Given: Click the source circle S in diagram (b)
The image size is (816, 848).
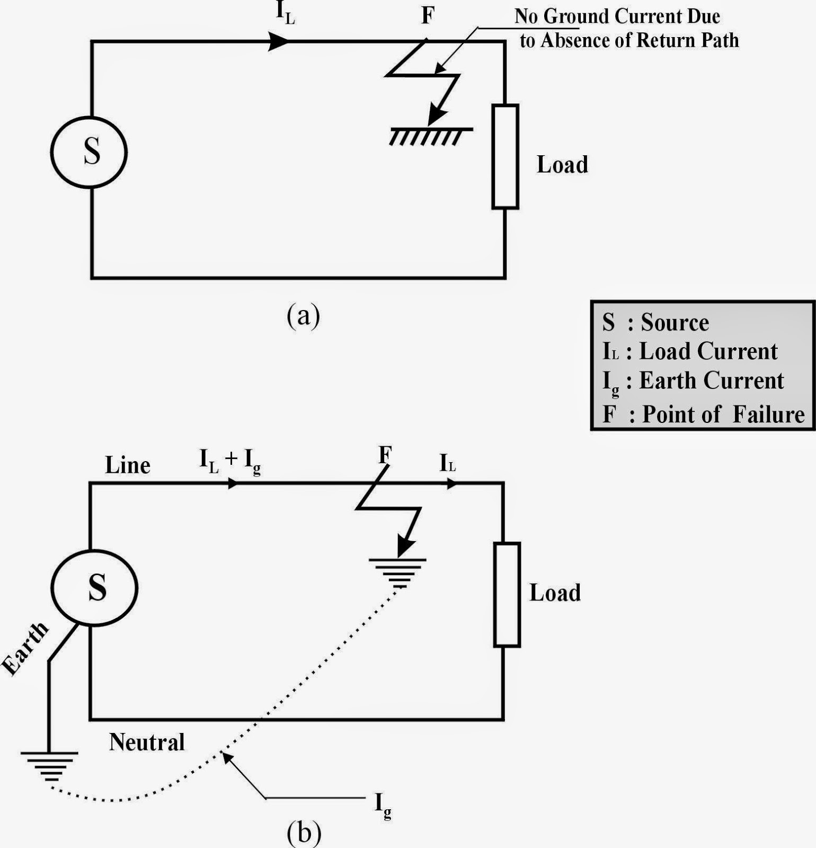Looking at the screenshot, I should click(x=95, y=588).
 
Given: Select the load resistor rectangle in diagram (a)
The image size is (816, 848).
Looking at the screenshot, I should click(x=505, y=156).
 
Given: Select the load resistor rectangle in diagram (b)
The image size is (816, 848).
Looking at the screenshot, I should click(x=507, y=595).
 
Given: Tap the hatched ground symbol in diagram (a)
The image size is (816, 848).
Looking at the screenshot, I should click(x=430, y=135).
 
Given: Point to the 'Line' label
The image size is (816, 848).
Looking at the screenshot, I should click(x=128, y=465).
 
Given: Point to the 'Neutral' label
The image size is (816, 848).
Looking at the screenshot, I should click(x=147, y=742).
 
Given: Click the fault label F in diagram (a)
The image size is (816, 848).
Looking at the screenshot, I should click(x=428, y=16).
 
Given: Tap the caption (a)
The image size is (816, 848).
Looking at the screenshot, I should click(x=303, y=316).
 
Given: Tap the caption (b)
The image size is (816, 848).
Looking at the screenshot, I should click(x=304, y=833).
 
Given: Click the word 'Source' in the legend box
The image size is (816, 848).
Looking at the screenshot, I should click(x=675, y=322).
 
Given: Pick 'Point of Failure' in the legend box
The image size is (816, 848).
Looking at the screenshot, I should click(x=723, y=414).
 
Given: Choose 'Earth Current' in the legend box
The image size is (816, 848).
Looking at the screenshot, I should click(x=711, y=381).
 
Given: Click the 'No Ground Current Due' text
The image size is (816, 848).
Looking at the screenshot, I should click(x=617, y=16).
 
